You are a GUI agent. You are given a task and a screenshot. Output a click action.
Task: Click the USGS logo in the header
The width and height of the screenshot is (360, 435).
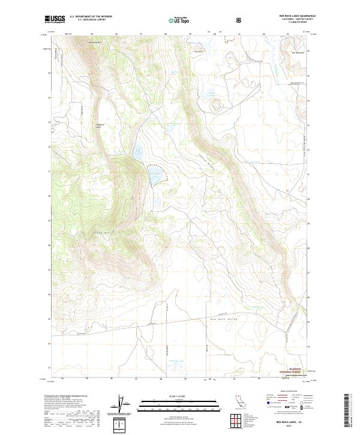55,19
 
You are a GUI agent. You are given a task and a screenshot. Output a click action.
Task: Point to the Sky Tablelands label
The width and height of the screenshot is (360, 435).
298,52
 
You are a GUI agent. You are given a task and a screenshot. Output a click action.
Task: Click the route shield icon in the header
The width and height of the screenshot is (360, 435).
240,20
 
